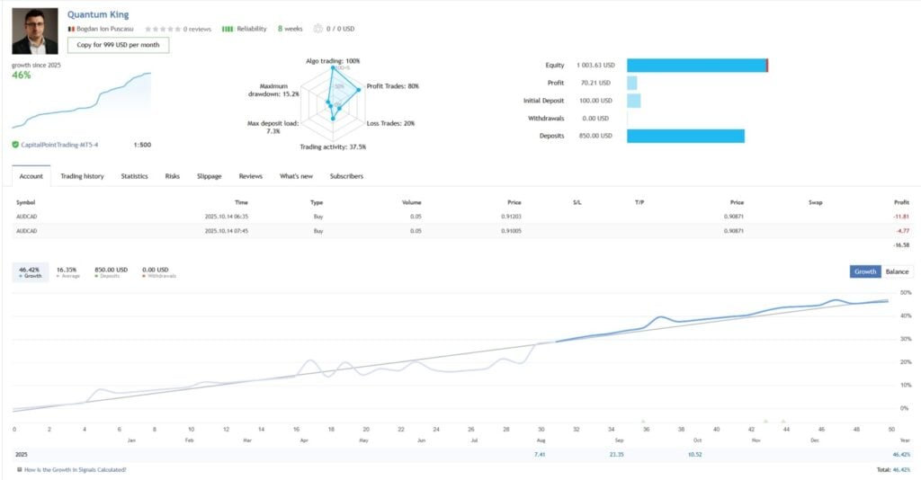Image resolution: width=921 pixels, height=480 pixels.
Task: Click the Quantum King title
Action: pos(98,14)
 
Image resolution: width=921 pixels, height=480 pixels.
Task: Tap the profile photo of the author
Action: pos(34,31)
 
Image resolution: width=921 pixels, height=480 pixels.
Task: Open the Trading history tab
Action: pos(82,176)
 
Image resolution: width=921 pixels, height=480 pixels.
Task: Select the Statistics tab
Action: pos(135,176)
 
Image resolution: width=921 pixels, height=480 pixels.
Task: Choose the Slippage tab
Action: pos(209,176)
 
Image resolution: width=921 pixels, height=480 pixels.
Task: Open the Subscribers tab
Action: pos(346,176)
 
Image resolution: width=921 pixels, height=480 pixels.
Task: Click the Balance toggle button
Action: pos(897,271)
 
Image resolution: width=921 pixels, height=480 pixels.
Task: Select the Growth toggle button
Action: pos(865,271)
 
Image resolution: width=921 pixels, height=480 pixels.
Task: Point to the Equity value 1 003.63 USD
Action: pos(595,66)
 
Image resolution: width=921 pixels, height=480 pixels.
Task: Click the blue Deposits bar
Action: pos(685,136)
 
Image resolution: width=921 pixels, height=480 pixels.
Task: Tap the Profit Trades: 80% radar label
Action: pos(393,86)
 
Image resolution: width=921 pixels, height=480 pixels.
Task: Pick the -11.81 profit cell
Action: pos(900,217)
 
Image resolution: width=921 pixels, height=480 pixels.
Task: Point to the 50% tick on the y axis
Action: pos(906,293)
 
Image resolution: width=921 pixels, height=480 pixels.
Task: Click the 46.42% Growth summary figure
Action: pos(31,269)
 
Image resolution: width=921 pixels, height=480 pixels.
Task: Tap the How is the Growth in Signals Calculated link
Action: pos(75,469)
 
